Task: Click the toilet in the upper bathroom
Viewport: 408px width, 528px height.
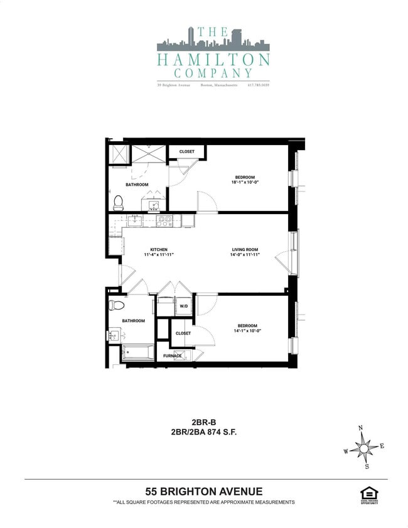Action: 117,202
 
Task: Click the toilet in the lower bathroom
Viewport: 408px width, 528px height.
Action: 115,306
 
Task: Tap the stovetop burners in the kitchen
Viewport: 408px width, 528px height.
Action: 164,220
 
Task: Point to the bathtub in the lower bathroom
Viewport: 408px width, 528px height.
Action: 137,353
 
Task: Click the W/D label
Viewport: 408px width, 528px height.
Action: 184,306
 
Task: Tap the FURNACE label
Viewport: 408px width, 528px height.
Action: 173,356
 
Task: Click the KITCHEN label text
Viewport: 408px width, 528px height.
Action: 159,250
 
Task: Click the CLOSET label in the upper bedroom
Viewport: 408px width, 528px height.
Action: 187,152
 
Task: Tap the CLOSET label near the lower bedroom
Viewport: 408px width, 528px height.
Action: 183,333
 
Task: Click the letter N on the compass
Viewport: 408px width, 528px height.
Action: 360,428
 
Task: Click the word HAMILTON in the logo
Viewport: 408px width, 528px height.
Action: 213,60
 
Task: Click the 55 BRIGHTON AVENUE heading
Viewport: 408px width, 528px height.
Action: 204,492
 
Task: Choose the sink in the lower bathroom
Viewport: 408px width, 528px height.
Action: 113,336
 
